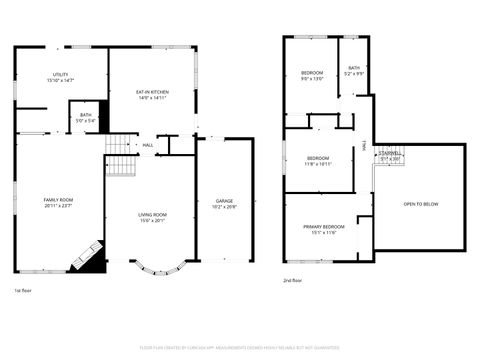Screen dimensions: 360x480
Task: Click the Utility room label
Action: click(61, 75)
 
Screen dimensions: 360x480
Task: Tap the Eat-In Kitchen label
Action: click(152, 92)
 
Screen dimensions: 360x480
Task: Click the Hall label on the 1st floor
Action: click(148, 146)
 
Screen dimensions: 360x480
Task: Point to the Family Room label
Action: click(58, 200)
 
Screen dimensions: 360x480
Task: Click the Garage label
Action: click(225, 201)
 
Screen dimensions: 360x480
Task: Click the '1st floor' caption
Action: click(23, 290)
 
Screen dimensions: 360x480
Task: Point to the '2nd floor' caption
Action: click(292, 281)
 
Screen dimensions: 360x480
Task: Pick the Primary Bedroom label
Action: click(324, 227)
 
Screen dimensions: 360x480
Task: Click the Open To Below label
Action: click(420, 204)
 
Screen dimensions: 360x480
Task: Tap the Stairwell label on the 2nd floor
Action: click(388, 154)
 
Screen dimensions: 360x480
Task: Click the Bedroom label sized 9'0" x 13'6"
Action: click(313, 73)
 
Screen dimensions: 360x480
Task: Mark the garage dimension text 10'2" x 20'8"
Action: click(225, 206)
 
